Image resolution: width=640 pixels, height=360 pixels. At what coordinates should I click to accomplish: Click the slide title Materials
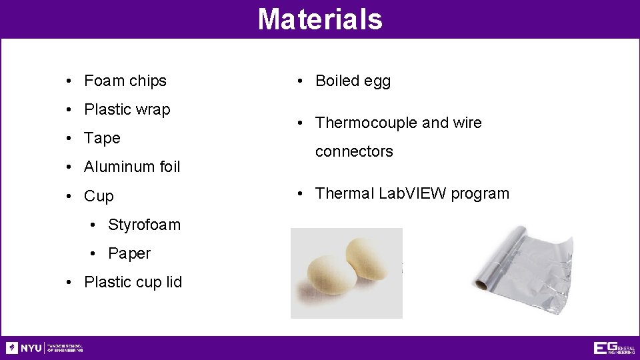click(320, 19)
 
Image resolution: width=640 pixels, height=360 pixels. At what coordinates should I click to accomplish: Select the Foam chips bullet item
click(125, 81)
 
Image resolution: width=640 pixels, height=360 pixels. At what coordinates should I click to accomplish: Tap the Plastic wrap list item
click(127, 109)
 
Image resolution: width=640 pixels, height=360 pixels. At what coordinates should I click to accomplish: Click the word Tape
click(102, 138)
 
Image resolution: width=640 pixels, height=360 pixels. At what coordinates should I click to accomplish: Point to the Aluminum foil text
click(132, 167)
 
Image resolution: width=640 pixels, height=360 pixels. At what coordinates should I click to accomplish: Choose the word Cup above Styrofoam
click(99, 196)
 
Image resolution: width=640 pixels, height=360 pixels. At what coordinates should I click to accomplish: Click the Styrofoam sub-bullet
click(144, 225)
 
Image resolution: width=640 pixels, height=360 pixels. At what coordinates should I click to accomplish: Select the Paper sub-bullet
click(129, 253)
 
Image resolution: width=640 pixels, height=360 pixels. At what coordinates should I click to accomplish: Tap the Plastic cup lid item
click(133, 282)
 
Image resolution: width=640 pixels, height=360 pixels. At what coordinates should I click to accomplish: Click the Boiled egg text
click(353, 81)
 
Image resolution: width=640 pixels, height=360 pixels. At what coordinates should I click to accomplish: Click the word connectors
click(354, 151)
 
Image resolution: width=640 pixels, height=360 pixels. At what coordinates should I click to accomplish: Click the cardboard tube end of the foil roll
click(481, 285)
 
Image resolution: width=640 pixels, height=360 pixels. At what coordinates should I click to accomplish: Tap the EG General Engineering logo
click(613, 348)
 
